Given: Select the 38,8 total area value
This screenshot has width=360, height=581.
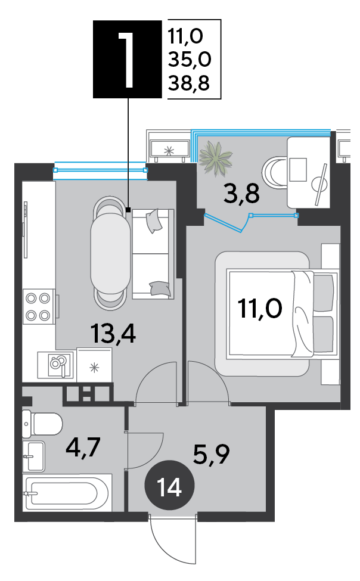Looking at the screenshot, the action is [189, 83].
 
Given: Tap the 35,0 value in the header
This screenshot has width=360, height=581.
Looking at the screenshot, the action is [190, 59].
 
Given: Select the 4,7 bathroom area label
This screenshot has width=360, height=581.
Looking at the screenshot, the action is [83, 448].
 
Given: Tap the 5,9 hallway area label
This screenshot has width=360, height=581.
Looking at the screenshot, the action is [212, 454].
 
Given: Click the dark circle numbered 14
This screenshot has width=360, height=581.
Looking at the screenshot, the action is [169, 486].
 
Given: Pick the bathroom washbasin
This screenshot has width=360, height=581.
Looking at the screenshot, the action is [34, 456].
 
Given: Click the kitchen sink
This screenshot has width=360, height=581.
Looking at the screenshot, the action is [57, 365].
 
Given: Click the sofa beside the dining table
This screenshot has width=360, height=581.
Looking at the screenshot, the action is [153, 254].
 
